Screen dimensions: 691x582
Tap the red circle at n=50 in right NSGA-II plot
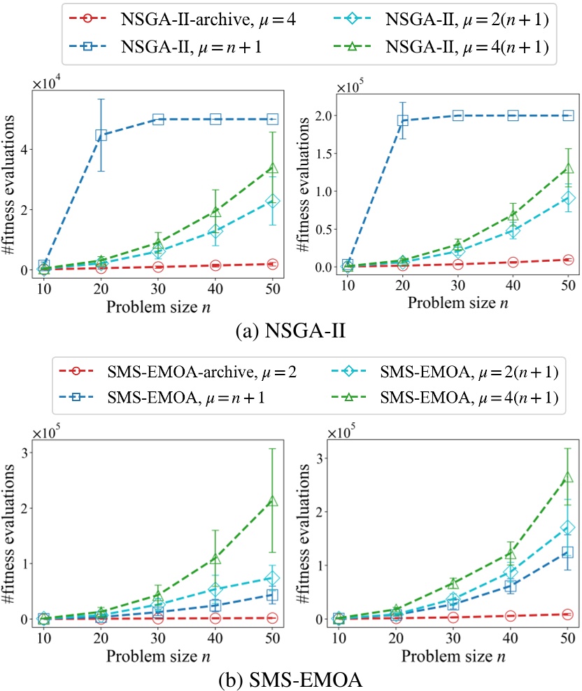[x=567, y=260]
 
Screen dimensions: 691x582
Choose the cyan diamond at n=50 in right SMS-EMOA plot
[x=567, y=527]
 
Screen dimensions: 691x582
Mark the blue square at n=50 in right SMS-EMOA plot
[x=567, y=552]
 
